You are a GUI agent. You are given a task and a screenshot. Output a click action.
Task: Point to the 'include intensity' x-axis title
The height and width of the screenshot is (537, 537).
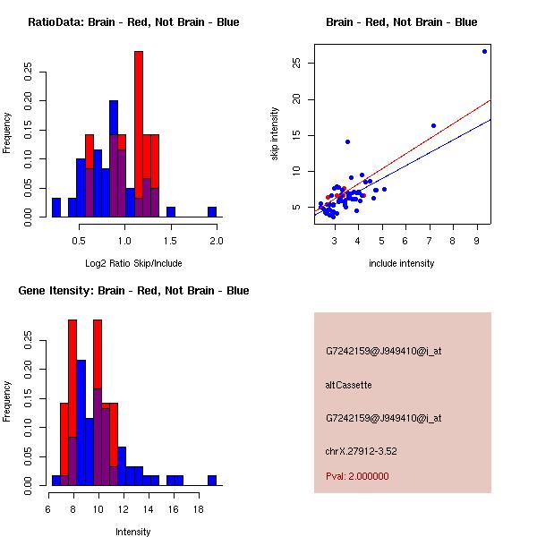coord(402,263)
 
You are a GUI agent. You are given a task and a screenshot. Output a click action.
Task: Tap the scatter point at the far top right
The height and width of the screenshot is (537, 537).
coord(484,51)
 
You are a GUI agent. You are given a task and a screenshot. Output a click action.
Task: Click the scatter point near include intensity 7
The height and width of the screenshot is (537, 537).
coord(433,125)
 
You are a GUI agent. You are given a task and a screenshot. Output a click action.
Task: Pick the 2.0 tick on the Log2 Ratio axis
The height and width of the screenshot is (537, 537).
coord(216,241)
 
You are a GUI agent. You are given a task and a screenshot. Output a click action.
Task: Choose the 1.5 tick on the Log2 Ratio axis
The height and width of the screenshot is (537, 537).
coord(170,241)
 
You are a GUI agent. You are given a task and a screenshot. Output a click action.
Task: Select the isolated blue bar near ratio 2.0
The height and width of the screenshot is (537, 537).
coord(212,212)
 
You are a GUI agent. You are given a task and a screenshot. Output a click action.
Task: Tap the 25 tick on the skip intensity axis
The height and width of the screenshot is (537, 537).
coord(296,63)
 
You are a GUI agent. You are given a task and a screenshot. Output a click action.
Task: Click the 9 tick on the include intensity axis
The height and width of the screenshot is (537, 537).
coord(477,241)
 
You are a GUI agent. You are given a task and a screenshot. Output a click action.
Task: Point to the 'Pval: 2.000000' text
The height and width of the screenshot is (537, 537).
coord(357,476)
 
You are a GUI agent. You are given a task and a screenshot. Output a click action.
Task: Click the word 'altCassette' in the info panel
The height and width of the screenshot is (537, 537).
coord(348,385)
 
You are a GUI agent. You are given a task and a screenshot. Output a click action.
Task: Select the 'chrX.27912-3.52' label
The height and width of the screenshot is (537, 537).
coord(361,450)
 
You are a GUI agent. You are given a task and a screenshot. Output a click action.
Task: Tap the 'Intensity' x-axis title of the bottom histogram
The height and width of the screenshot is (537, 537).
coord(132,532)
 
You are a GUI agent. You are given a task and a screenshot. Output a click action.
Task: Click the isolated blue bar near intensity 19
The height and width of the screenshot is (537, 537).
coord(212,481)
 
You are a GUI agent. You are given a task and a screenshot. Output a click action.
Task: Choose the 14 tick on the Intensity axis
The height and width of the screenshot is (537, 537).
coord(150,509)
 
